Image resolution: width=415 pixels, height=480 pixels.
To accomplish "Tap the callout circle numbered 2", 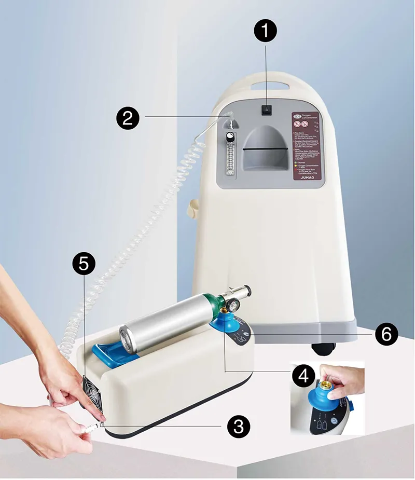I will (128, 118).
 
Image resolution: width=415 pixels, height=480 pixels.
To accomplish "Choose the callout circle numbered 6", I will (386, 334).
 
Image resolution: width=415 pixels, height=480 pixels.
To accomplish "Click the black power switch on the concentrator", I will (267, 110).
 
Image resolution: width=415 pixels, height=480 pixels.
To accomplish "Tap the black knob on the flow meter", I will (229, 137).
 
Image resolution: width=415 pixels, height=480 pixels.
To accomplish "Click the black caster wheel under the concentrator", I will (322, 348).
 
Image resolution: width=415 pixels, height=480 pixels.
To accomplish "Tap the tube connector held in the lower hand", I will (91, 429).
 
